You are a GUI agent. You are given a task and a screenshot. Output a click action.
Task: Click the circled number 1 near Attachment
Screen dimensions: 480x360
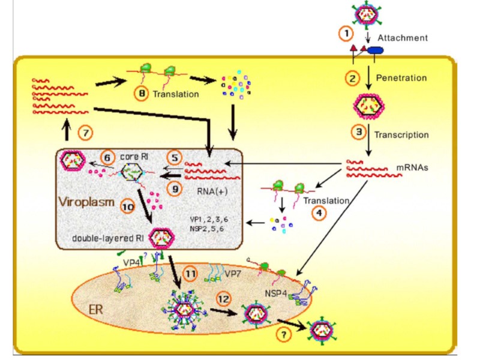[x=346, y=33]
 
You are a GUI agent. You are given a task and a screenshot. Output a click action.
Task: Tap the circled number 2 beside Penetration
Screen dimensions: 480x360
[x=352, y=79]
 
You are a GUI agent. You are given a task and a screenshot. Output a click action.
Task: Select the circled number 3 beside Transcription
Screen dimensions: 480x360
[x=358, y=132]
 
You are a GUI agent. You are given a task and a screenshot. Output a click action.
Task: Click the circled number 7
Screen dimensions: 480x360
[x=85, y=133]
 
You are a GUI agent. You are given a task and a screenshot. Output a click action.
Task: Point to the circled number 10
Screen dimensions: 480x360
[x=128, y=207]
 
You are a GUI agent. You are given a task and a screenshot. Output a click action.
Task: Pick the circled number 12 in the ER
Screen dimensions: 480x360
[x=223, y=299]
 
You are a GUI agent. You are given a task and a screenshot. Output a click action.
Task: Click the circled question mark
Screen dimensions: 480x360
[x=283, y=334]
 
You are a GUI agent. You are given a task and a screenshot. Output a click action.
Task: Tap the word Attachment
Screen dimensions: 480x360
[x=403, y=38]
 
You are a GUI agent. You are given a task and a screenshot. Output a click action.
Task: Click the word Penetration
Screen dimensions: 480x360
[x=401, y=78]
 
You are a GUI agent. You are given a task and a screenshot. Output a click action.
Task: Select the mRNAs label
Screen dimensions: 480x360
[x=412, y=168]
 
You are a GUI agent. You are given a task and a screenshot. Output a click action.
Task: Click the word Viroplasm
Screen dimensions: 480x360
[x=86, y=202]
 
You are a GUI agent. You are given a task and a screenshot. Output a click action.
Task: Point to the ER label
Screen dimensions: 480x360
[x=95, y=310]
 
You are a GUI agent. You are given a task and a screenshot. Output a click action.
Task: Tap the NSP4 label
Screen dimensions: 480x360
[x=275, y=293]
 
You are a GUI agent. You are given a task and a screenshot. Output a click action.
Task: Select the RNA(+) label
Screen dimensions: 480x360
[x=212, y=191]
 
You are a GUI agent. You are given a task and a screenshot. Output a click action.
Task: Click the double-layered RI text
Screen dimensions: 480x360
[x=108, y=238]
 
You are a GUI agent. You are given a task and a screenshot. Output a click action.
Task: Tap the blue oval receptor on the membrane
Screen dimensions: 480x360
[x=376, y=50]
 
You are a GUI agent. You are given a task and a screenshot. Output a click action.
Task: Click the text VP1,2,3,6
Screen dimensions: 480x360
[x=209, y=220]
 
